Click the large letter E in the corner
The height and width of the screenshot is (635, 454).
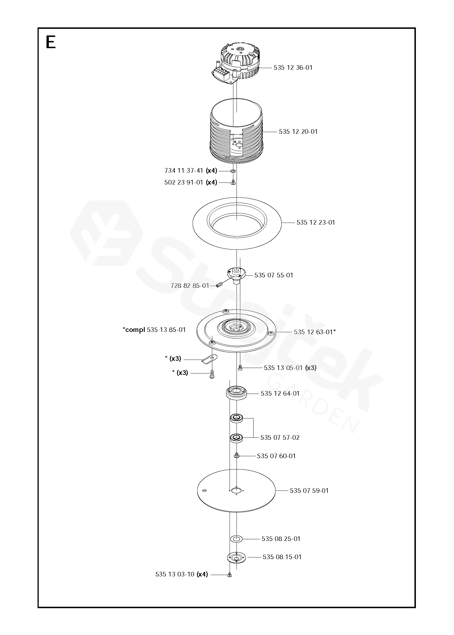[x=51, y=43]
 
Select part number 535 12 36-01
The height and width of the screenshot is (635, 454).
[x=293, y=68]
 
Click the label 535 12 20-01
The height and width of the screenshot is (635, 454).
[x=298, y=132]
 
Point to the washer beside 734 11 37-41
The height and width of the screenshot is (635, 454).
[x=233, y=171]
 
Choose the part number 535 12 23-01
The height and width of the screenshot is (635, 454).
[x=316, y=223]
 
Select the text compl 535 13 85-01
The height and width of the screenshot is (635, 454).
[x=155, y=330]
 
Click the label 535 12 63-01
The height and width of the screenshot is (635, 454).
[x=315, y=332]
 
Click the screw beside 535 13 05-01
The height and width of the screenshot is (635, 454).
[x=240, y=368]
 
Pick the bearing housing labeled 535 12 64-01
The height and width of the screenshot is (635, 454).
[x=236, y=393]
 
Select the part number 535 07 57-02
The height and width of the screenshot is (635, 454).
[x=280, y=437]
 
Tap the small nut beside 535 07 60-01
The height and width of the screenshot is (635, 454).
[x=236, y=456]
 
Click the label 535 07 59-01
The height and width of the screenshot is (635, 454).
[x=309, y=491]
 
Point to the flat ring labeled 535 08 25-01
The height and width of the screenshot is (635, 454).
[x=236, y=539]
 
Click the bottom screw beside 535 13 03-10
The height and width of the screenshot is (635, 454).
[x=230, y=575]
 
